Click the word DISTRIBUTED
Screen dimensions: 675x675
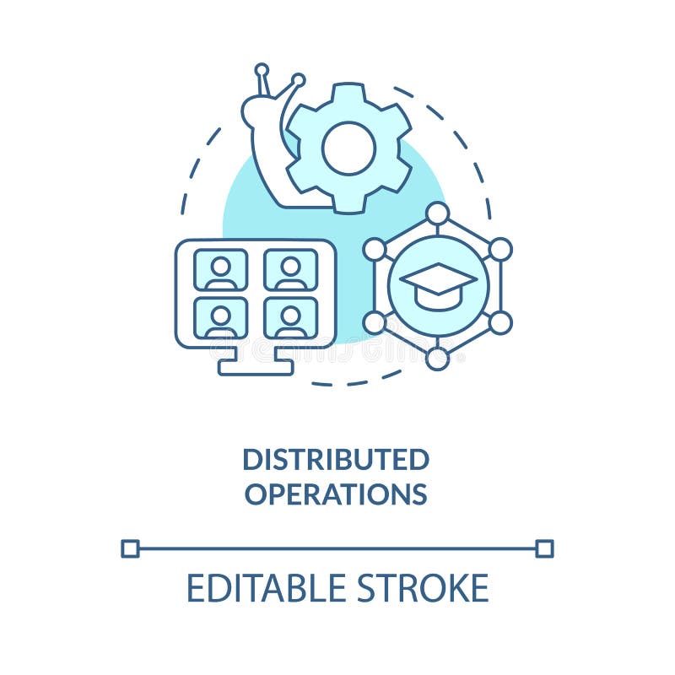coord(336,460)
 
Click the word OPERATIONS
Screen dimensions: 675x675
coord(336,494)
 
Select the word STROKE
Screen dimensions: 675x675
coord(423,588)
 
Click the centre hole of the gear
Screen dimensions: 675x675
coord(348,148)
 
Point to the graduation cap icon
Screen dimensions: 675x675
coord(437,284)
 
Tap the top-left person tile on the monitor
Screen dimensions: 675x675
coord(221,270)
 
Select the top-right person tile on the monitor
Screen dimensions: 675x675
coord(290,270)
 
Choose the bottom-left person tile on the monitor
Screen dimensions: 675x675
coord(221,318)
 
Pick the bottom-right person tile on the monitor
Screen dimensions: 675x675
coord(290,318)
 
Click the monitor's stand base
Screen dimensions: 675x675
coord(256,367)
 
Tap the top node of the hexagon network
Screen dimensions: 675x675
coord(437,213)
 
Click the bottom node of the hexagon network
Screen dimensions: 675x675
coord(437,359)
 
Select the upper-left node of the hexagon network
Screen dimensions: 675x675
coord(375,249)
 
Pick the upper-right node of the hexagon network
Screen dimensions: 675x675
coord(500,249)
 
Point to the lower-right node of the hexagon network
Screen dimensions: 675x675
coord(500,321)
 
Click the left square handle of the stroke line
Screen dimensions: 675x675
coord(130,548)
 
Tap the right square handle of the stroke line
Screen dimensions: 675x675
coord(544,548)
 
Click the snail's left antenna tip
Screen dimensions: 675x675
coord(262,69)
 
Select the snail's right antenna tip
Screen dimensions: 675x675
coord(298,80)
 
